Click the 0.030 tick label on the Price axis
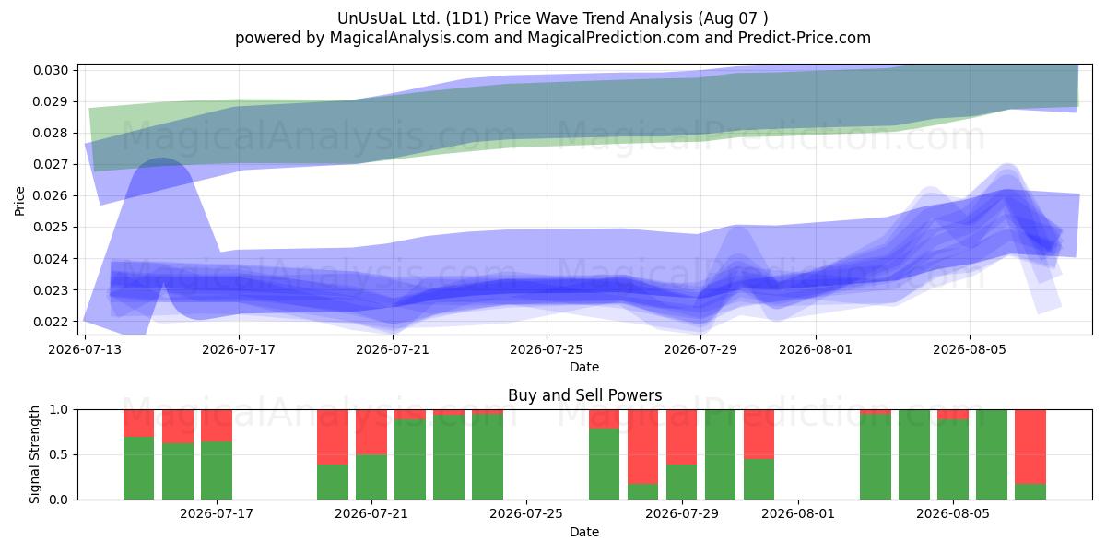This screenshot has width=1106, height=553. (x=51, y=70)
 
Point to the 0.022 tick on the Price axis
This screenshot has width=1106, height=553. (x=51, y=322)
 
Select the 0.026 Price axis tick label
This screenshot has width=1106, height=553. (x=51, y=196)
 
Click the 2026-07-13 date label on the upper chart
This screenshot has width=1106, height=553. (x=85, y=349)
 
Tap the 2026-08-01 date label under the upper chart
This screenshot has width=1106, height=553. (x=816, y=349)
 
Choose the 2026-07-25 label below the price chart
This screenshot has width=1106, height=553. (x=547, y=349)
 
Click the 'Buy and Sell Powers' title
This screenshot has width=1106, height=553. (x=584, y=395)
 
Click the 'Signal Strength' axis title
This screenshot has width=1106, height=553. (x=34, y=454)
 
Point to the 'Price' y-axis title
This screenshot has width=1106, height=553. (x=19, y=201)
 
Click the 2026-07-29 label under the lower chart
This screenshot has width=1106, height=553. (x=682, y=514)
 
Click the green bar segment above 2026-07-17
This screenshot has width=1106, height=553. (x=217, y=470)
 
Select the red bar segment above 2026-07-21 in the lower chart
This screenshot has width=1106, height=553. (x=371, y=432)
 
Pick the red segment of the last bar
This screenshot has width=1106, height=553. (x=1030, y=447)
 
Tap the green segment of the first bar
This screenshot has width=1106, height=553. (x=139, y=468)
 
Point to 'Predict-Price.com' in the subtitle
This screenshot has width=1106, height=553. (x=805, y=38)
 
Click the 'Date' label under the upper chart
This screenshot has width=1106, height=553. (x=584, y=368)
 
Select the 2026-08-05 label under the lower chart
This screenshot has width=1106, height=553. (x=953, y=514)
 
